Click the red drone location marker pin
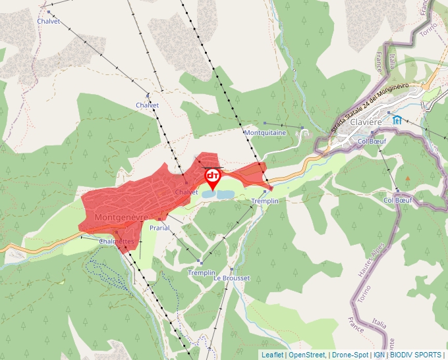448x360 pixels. pyautogui.click(x=213, y=178)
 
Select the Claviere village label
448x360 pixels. pyautogui.click(x=366, y=122)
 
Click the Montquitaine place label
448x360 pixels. pyautogui.click(x=265, y=132)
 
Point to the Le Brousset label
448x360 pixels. pyautogui.click(x=232, y=278)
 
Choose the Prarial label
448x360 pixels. pyautogui.click(x=159, y=228)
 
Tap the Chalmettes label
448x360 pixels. pyautogui.click(x=117, y=242)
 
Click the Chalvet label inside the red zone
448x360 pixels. pyautogui.click(x=186, y=192)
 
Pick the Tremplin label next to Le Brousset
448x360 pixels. pyautogui.click(x=202, y=272)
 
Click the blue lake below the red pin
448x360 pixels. pyautogui.click(x=217, y=195)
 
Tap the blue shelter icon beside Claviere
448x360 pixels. pyautogui.click(x=397, y=119)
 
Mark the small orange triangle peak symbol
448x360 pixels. pyautogui.click(x=408, y=178)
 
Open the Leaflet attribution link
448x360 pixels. pyautogui.click(x=273, y=355)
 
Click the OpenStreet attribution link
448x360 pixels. pyautogui.click(x=308, y=355)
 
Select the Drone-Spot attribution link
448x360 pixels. pyautogui.click(x=350, y=355)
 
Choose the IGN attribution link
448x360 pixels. pyautogui.click(x=379, y=355)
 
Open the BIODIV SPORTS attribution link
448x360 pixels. pyautogui.click(x=416, y=355)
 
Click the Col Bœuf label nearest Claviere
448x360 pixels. pyautogui.click(x=371, y=140)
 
